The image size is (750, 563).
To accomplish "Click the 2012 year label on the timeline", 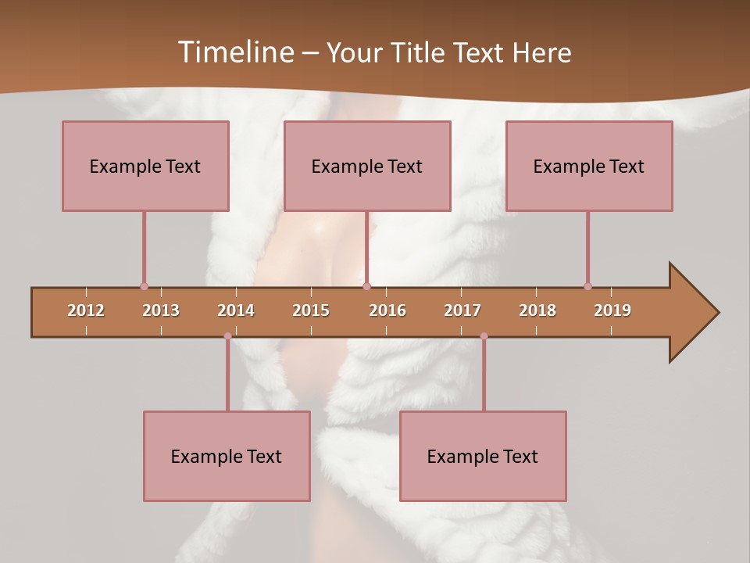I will coord(86,310).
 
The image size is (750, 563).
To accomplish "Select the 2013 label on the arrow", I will coord(161,310).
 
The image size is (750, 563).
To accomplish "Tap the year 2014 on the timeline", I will coord(236,310).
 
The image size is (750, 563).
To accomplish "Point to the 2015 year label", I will coord(311,310).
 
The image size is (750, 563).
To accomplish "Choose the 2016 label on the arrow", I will coord(387,310).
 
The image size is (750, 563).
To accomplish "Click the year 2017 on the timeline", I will coord(462,310).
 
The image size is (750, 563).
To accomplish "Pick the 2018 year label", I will coord(537,310).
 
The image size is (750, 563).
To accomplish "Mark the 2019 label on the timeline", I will coord(612,310).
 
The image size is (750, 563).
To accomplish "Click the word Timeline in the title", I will coord(235,52).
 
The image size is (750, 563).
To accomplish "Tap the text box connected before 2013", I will coord(145,166).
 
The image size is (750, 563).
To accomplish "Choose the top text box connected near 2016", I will coord(367,166).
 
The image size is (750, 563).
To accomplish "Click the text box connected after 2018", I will coord(589,166).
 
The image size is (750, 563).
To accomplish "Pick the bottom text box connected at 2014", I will coord(227,456).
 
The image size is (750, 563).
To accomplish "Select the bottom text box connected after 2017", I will coord(483,456).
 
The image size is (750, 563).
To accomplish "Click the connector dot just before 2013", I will coord(144,286).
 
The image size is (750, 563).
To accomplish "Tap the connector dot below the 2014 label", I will coord(227,336).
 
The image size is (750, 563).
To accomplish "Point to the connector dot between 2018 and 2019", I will coord(587,286).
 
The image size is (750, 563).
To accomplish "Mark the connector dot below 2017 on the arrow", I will coord(484,336).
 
